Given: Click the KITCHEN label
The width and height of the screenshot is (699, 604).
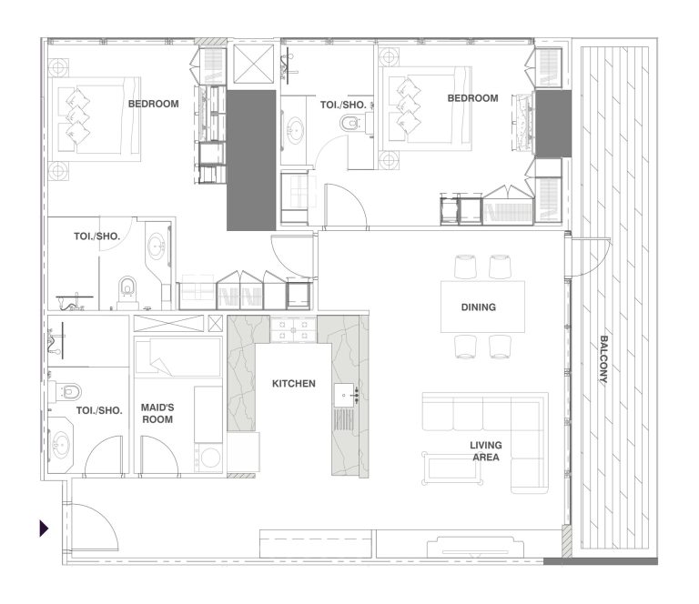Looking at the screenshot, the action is click(x=293, y=384).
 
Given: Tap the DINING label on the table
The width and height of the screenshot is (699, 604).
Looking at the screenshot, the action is click(x=479, y=307).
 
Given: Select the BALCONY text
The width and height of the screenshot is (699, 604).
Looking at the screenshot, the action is click(x=603, y=359).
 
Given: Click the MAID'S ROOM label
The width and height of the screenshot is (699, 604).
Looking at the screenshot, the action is click(x=157, y=413).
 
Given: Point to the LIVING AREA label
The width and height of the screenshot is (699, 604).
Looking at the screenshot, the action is click(x=486, y=451).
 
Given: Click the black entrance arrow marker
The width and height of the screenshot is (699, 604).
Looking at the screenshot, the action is click(x=44, y=528).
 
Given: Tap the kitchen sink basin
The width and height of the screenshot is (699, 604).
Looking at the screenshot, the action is click(x=344, y=395).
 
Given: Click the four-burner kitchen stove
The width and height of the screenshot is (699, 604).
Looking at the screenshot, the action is click(x=293, y=329).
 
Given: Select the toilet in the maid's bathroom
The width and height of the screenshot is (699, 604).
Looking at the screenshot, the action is click(x=66, y=391).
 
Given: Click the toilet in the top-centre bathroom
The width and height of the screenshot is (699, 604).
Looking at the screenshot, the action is click(x=350, y=123).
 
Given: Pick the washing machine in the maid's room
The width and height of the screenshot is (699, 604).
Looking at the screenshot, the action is click(x=208, y=458).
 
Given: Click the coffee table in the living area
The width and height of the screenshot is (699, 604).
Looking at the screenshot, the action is click(x=452, y=468).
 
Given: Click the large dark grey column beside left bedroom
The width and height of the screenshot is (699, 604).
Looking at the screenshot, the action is click(x=251, y=160).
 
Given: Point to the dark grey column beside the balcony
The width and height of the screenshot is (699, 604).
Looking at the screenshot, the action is click(x=553, y=124).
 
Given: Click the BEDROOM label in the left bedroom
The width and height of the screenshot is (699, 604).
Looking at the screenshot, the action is click(x=153, y=104).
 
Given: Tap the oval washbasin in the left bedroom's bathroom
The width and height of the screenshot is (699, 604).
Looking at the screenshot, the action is click(x=156, y=246).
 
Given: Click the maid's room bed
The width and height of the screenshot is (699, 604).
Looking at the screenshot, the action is click(x=177, y=357).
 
